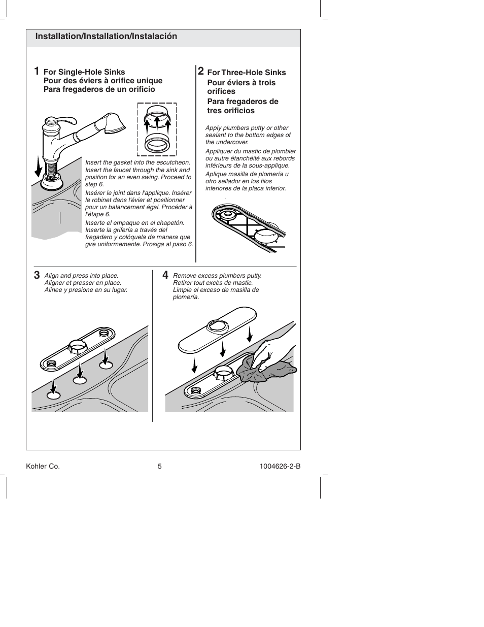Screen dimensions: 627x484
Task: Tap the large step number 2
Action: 201,71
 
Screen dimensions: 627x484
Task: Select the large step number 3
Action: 37,276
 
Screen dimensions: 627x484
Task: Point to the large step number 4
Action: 165,275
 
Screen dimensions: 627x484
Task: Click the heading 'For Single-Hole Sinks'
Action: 84,72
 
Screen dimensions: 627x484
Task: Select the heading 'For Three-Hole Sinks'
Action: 247,73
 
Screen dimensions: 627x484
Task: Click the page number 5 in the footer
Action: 159,467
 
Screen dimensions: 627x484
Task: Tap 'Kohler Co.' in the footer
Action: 43,467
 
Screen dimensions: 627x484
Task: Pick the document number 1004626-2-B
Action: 280,467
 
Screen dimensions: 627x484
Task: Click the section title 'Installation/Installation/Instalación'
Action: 106,37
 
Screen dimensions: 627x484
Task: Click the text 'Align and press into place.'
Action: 81,276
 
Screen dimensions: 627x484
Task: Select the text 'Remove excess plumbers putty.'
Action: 217,276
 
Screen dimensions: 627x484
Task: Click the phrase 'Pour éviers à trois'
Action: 241,83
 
